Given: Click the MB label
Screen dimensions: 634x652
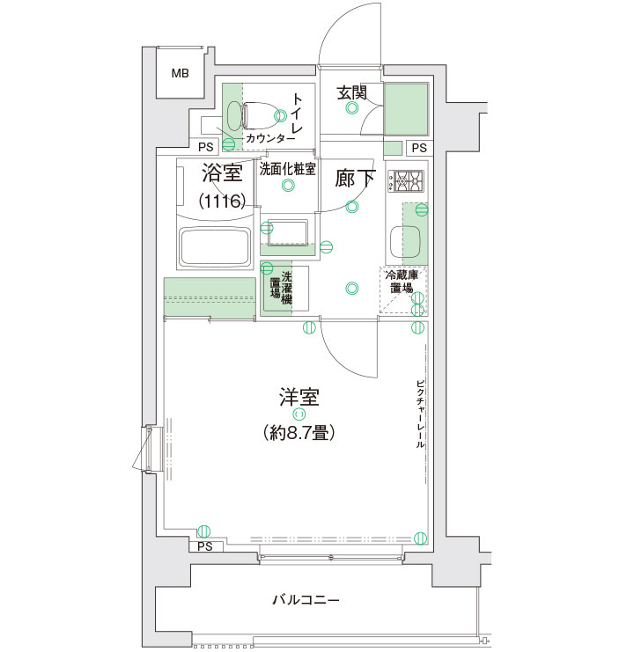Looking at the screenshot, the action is click(x=181, y=74).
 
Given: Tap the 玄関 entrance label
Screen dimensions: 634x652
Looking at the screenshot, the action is click(x=351, y=92).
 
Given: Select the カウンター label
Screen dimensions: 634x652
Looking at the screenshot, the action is click(x=270, y=138).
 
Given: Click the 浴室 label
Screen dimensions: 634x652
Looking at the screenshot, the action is click(x=222, y=172).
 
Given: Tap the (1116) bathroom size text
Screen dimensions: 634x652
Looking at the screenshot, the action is click(x=222, y=201).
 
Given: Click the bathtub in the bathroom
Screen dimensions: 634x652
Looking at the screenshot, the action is click(x=215, y=247).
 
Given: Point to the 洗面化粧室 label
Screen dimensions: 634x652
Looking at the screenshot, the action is click(x=287, y=169).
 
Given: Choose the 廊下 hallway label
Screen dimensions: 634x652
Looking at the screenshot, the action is click(x=356, y=179).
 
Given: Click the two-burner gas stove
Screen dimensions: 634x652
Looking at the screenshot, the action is click(x=406, y=181).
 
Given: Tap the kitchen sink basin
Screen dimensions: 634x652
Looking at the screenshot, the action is click(x=405, y=242).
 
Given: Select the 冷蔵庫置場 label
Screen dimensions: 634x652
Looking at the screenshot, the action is click(x=402, y=281).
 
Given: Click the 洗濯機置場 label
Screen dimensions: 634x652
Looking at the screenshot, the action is click(x=281, y=288).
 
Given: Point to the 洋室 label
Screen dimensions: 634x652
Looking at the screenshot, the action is click(x=299, y=397).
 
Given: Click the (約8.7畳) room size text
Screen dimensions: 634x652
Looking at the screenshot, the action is click(x=299, y=433).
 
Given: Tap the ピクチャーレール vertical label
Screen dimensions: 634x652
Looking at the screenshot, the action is click(x=420, y=414).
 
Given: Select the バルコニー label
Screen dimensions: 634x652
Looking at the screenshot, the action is click(x=306, y=599).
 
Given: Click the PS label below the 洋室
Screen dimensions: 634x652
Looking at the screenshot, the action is click(x=205, y=546).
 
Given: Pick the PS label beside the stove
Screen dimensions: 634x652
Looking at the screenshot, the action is click(x=419, y=148).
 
